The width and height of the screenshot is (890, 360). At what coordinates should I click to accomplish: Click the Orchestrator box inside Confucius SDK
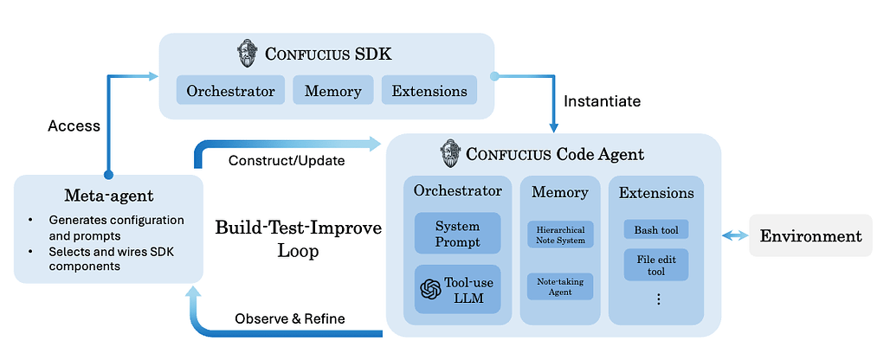(230, 90)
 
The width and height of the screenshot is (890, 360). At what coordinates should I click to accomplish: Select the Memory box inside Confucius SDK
(332, 90)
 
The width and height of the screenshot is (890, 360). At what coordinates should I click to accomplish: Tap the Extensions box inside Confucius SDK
(429, 90)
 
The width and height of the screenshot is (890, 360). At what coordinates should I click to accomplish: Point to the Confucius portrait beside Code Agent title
(449, 154)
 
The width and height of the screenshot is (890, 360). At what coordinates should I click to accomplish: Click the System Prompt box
(457, 234)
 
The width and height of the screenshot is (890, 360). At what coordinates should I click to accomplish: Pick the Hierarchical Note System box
(559, 235)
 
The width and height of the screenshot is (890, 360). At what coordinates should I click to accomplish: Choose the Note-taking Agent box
(559, 286)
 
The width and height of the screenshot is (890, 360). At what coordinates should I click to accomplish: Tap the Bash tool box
(656, 229)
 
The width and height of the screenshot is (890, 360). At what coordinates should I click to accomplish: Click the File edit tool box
(656, 265)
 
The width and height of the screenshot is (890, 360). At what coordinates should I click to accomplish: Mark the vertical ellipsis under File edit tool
(657, 299)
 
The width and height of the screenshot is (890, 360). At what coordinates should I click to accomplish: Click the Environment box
(810, 236)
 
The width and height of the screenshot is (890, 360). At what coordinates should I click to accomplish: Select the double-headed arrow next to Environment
(735, 235)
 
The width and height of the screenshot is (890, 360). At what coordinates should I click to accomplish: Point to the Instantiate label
(602, 101)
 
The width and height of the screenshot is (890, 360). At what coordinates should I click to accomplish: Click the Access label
(74, 125)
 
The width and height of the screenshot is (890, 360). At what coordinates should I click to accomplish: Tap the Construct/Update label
(274, 161)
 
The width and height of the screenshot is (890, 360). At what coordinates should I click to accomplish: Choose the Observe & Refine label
(290, 318)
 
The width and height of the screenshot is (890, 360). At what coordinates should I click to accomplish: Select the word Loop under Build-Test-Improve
(298, 251)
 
